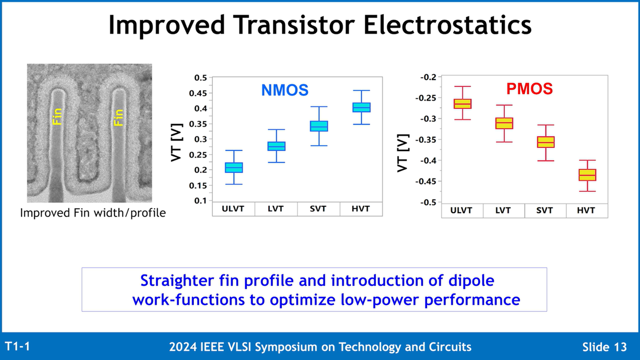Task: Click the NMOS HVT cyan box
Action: [361, 107]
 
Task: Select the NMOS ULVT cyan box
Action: [234, 168]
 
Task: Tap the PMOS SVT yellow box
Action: [546, 142]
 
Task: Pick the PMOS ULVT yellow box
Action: [462, 104]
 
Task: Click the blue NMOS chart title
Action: [285, 90]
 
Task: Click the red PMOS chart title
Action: [529, 89]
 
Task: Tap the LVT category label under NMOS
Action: [276, 209]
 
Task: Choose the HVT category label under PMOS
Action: [586, 211]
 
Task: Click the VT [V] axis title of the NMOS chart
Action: [177, 142]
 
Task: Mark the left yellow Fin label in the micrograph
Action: [57, 116]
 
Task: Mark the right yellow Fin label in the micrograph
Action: [118, 117]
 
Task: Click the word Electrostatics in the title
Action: [447, 25]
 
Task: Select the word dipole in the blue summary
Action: [471, 280]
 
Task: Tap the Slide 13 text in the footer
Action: [604, 347]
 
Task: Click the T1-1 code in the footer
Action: [18, 346]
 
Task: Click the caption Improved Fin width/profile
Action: [93, 213]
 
